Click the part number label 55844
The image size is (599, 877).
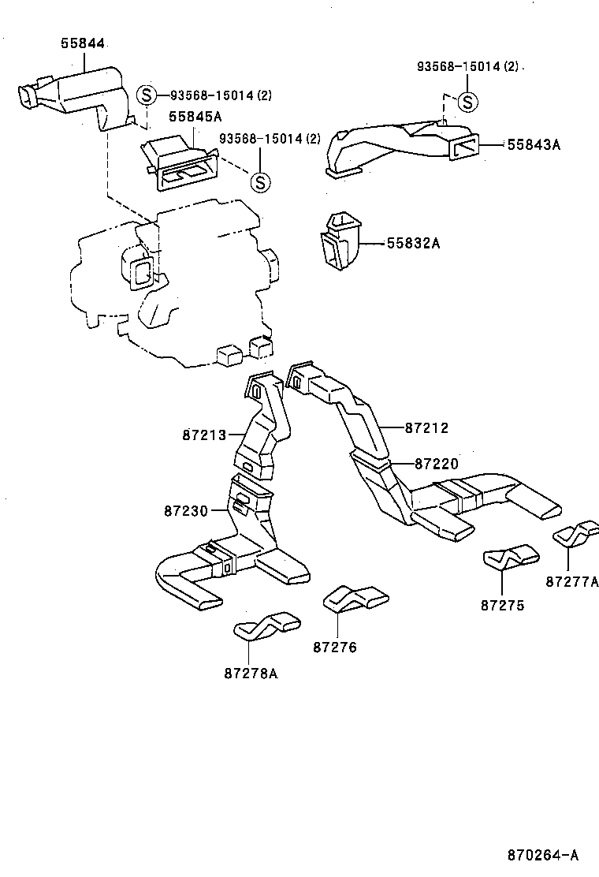83,43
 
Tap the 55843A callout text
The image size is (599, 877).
533,144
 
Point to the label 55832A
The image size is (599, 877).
412,244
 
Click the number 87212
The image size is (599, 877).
426,428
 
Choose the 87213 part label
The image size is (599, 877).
204,435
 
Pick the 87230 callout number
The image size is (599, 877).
186,511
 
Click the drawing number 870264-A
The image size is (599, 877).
542,854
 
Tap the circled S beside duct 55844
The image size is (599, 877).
146,95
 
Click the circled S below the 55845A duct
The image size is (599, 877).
259,182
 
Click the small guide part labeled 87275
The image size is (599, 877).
510,558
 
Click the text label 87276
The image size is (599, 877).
335,647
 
